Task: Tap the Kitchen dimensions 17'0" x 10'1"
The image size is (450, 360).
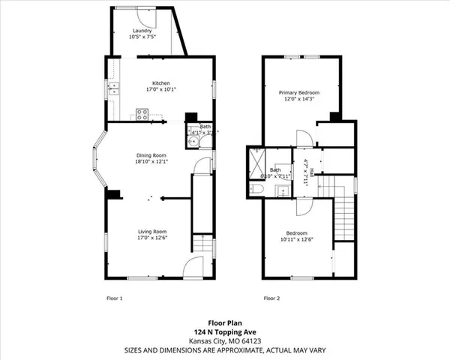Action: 161,89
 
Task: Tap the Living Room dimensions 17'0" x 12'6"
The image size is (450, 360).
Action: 151,238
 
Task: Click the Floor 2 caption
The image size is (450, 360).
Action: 271,298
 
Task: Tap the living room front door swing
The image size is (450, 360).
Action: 193,266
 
